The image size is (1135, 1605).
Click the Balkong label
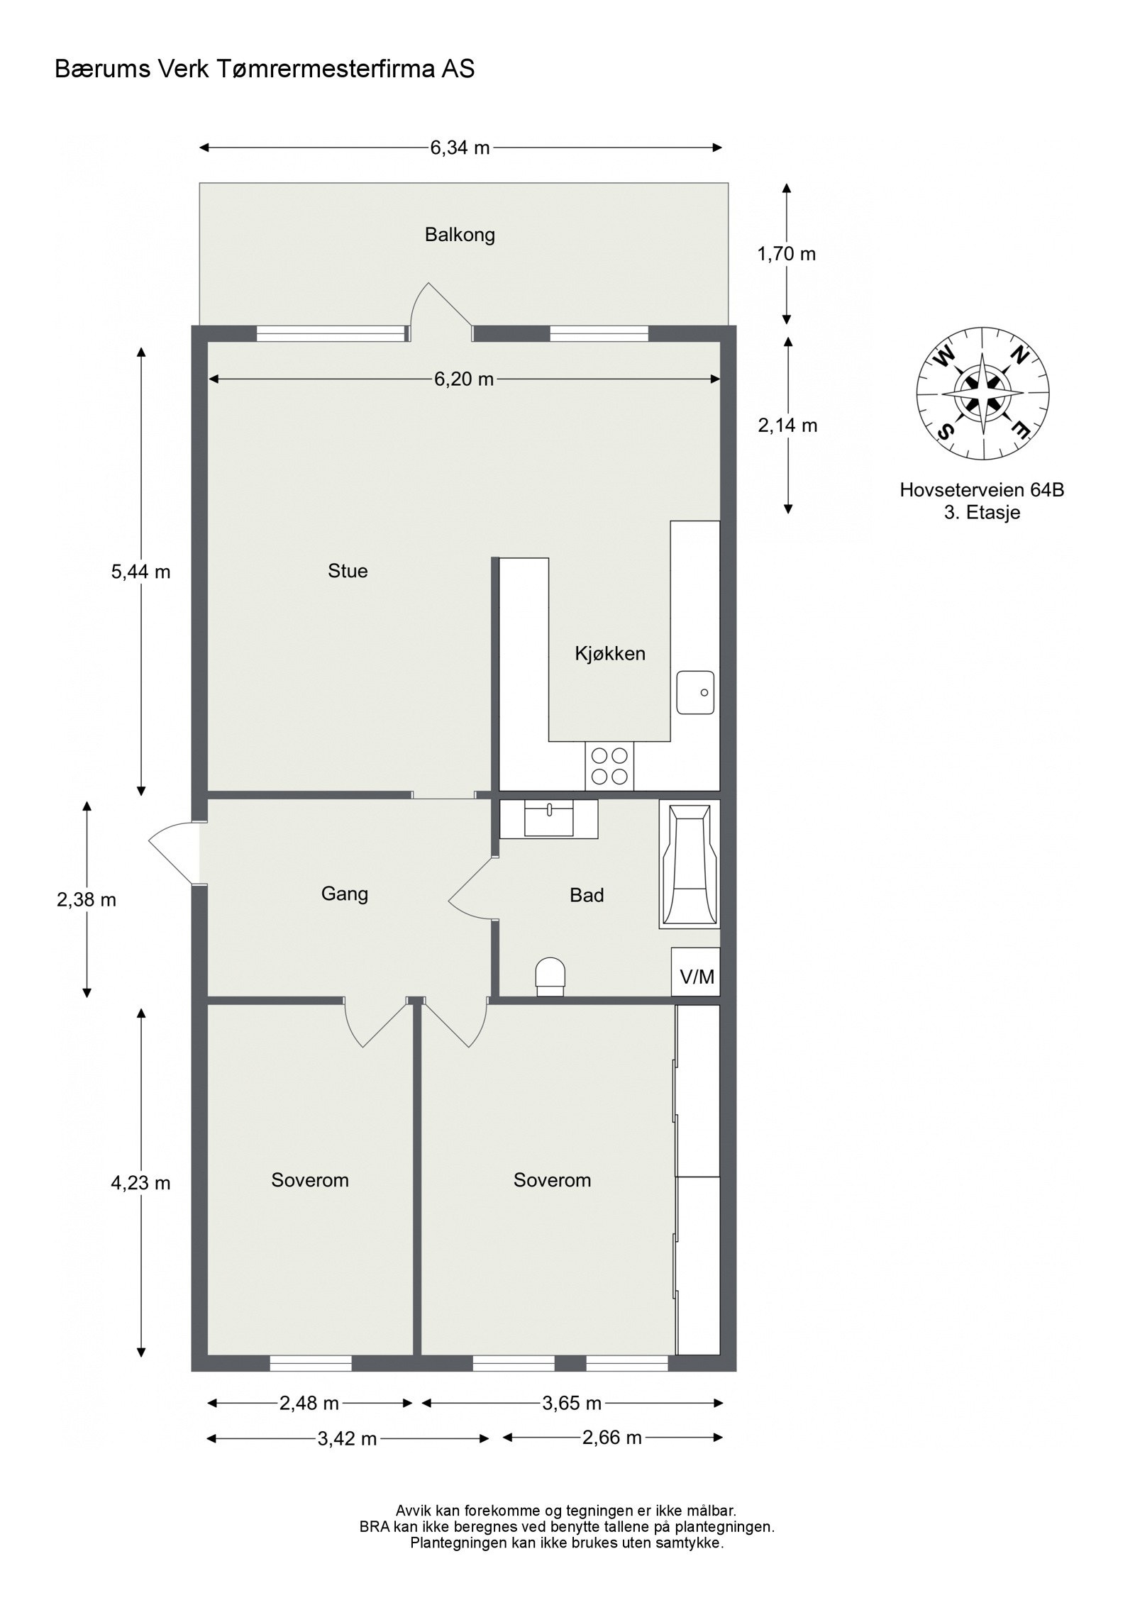(x=460, y=235)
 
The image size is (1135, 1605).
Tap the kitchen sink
(x=695, y=692)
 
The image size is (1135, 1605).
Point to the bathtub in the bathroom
(x=690, y=863)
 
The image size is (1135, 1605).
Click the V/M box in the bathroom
(x=696, y=977)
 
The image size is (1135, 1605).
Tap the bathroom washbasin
(x=549, y=818)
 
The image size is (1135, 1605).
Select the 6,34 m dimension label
(x=460, y=148)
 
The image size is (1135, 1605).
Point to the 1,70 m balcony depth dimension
(x=787, y=253)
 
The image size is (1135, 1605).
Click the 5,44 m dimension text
(x=140, y=572)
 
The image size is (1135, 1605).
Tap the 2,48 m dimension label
(x=309, y=1403)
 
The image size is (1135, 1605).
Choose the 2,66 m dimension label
(x=611, y=1438)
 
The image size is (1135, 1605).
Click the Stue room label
(x=348, y=571)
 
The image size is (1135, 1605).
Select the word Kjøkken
(x=609, y=653)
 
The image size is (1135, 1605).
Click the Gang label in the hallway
(x=344, y=893)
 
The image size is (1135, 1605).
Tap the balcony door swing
(x=441, y=308)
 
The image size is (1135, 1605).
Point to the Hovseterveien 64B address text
(x=982, y=489)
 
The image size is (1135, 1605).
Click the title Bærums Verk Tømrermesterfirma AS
(x=265, y=70)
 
